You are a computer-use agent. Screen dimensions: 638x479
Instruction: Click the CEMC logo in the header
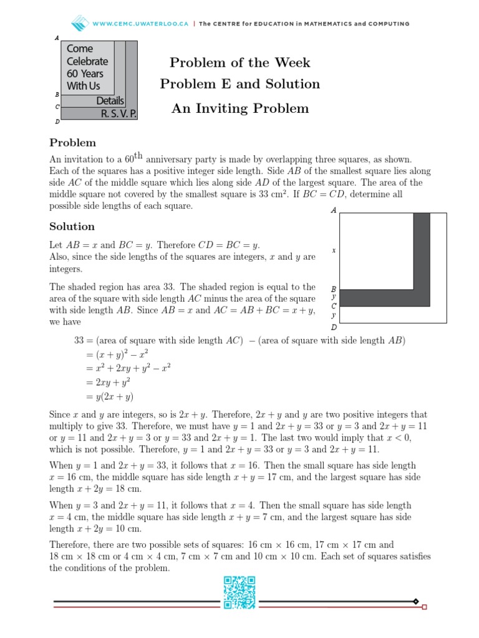(x=80, y=24)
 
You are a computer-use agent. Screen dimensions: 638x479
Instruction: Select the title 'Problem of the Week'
(x=240, y=63)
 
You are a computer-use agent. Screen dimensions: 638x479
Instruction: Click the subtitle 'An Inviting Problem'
(x=240, y=108)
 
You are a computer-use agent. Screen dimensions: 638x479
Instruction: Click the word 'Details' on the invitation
(x=110, y=101)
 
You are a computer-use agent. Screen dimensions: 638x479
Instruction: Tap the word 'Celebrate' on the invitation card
(x=87, y=61)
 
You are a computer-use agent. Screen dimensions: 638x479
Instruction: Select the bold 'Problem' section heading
(x=72, y=143)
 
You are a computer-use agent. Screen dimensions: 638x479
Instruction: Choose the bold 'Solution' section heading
(x=72, y=226)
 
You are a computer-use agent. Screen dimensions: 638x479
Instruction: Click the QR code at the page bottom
(x=239, y=592)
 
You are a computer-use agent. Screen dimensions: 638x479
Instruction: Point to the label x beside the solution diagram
(x=334, y=250)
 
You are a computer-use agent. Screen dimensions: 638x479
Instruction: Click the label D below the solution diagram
(x=334, y=327)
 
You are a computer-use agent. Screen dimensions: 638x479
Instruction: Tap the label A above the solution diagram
(x=334, y=211)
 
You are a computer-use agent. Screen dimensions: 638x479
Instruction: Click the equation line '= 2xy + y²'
(x=108, y=382)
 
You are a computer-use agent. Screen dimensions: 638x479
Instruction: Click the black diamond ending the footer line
(x=415, y=601)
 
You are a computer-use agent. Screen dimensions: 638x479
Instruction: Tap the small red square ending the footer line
(x=425, y=606)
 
